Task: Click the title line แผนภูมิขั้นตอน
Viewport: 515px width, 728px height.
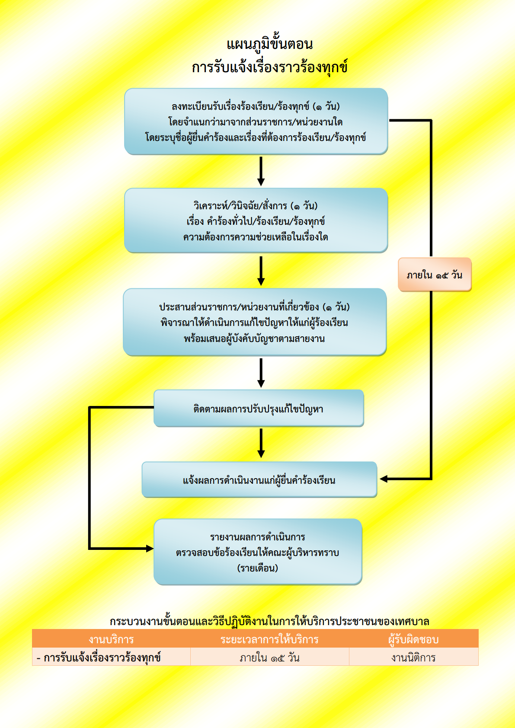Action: [x=269, y=44]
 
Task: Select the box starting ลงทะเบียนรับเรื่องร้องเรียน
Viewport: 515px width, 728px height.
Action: [x=256, y=121]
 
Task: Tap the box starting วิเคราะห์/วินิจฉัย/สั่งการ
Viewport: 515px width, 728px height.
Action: [x=256, y=220]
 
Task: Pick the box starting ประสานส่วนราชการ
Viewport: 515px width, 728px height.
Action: [x=255, y=322]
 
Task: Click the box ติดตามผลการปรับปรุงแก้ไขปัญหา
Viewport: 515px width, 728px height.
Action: [x=259, y=408]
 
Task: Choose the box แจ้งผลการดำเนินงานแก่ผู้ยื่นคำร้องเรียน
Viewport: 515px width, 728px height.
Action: [x=259, y=479]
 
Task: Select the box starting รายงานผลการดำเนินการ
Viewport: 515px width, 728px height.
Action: [x=258, y=552]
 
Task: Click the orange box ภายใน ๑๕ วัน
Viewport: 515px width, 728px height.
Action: [x=435, y=275]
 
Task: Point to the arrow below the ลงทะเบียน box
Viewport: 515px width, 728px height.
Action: [x=261, y=171]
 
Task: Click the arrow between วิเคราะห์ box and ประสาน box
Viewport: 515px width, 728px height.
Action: [x=261, y=271]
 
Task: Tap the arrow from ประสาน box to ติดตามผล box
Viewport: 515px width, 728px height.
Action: [x=261, y=373]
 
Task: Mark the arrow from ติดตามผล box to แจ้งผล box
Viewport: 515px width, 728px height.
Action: [x=261, y=443]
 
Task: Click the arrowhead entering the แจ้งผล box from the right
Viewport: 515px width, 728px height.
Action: [x=384, y=479]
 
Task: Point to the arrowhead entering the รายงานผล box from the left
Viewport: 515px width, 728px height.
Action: [x=150, y=549]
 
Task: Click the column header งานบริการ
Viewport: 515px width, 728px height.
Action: [x=111, y=639]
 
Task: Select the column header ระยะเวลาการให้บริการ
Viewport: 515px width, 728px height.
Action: [x=269, y=639]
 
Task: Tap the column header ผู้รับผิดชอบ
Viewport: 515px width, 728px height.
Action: [x=413, y=639]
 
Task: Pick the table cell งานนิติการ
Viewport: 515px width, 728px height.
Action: [x=413, y=658]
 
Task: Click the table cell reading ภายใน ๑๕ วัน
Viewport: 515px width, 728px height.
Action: [x=269, y=658]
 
